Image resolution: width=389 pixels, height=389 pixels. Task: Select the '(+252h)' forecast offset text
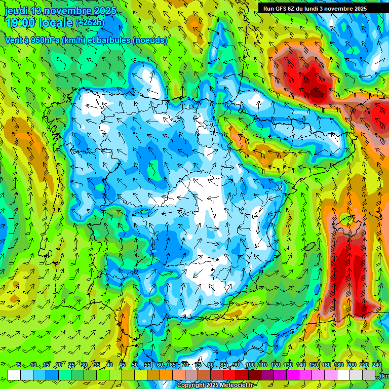click(x=90, y=22)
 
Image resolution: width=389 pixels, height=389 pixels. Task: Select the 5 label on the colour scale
click(x=19, y=365)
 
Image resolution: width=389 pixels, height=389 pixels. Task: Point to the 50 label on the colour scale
click(x=135, y=365)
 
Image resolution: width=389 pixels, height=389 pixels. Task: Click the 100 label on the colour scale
click(x=250, y=365)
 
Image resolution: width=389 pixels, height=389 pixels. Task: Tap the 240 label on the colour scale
click(x=377, y=365)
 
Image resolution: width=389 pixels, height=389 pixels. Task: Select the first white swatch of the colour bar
click(x=14, y=375)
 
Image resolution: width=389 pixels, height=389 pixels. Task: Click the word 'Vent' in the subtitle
click(x=13, y=40)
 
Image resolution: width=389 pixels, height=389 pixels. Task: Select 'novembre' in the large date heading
click(x=68, y=11)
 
